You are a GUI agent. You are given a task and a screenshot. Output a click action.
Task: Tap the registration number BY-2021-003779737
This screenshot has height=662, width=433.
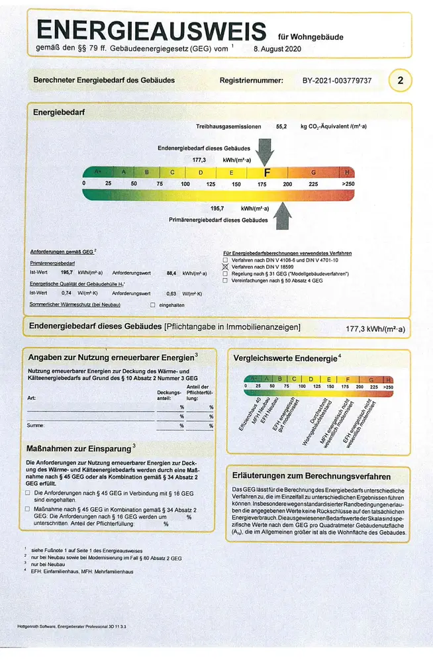click(x=337, y=81)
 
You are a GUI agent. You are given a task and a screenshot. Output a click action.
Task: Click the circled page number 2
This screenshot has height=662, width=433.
click(x=400, y=81)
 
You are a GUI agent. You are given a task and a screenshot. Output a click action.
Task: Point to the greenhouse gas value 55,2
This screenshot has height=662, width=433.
click(x=281, y=126)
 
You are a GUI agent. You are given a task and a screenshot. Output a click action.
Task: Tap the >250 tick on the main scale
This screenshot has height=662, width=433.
click(x=348, y=183)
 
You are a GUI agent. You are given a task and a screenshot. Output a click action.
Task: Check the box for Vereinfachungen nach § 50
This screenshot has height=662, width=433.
click(x=226, y=281)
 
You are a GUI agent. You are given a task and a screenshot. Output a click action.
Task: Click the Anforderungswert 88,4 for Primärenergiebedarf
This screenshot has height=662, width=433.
click(x=171, y=273)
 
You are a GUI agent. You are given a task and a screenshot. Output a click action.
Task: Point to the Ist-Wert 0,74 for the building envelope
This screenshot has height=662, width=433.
click(x=66, y=293)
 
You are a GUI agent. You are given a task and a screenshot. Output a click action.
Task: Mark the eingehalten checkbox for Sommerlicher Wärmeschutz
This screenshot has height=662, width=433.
click(x=153, y=305)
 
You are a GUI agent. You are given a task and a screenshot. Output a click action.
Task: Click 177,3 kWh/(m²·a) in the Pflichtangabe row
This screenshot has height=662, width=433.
click(x=375, y=328)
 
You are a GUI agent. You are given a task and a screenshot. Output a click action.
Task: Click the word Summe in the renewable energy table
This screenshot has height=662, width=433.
click(x=34, y=426)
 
